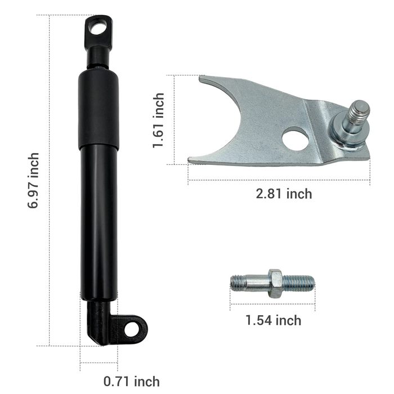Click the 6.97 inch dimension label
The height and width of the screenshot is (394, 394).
click(33, 181)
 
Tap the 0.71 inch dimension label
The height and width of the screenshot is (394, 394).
click(131, 381)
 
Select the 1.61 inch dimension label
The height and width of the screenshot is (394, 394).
click(159, 120)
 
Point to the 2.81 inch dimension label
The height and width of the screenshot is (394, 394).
click(284, 194)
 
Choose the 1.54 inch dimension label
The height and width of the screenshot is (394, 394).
click(273, 320)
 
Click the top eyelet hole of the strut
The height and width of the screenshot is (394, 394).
click(98, 28)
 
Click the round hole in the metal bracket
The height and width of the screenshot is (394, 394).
click(295, 138)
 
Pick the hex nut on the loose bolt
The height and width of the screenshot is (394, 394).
click(275, 284)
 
